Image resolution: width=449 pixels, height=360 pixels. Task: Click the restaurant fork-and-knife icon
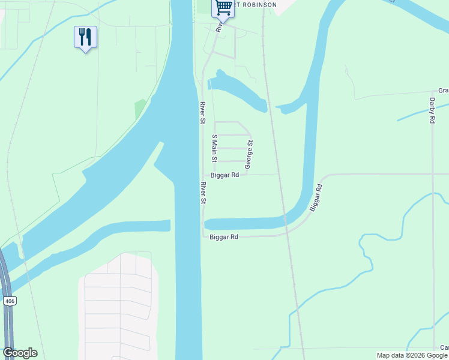(x=85, y=37)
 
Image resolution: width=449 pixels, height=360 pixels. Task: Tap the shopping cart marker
(x=223, y=8)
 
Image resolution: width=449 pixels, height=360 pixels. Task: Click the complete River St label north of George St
(x=203, y=113)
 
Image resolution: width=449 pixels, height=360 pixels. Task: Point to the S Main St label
(x=214, y=148)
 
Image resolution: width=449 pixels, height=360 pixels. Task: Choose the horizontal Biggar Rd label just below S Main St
(x=225, y=175)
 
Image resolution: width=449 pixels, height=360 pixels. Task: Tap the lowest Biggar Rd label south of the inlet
(x=224, y=237)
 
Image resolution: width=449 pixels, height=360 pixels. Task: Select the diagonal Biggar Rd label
(x=316, y=197)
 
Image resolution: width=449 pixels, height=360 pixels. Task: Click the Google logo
(x=20, y=353)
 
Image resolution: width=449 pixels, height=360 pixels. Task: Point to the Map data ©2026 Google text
(x=412, y=355)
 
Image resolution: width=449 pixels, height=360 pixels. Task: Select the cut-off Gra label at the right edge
(x=443, y=91)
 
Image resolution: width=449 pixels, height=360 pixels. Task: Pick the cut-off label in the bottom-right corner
(x=444, y=347)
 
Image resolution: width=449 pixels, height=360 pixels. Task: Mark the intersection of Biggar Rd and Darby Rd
(x=433, y=175)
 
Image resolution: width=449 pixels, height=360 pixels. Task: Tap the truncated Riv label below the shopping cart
(x=220, y=28)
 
